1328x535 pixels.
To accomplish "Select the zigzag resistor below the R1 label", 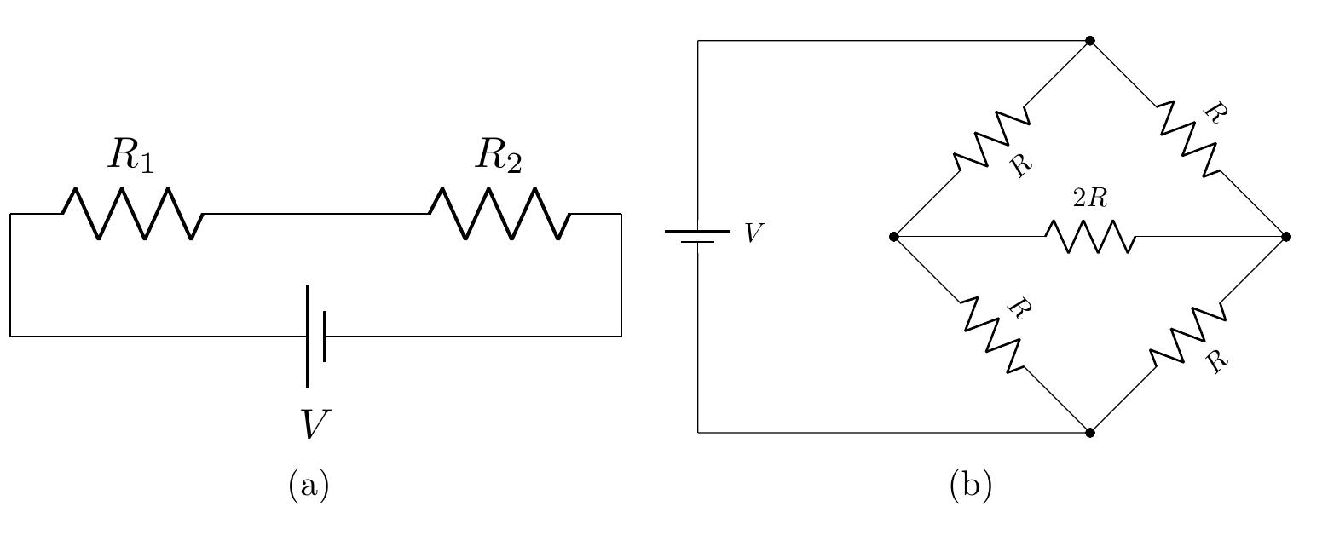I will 132,213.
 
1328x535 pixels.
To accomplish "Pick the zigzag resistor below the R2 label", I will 499,213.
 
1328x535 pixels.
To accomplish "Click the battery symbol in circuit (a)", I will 316,337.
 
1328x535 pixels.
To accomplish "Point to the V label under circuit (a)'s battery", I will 315,424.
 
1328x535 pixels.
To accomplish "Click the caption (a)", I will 309,486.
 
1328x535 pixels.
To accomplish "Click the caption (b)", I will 970,486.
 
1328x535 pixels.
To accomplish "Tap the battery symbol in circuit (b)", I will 698,236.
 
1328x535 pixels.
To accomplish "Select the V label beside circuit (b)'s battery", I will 753,233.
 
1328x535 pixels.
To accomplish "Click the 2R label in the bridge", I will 1089,198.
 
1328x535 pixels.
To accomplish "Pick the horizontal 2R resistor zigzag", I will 1090,236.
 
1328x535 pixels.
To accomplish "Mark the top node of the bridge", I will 1089,40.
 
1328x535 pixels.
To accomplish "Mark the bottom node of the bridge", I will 1089,432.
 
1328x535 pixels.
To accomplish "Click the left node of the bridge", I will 893,236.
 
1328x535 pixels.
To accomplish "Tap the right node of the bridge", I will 1285,236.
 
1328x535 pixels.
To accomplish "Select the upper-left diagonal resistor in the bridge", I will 992,138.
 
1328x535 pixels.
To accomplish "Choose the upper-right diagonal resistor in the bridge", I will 1187,138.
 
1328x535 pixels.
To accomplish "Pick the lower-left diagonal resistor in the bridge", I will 992,334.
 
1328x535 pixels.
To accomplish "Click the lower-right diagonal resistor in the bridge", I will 1187,334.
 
